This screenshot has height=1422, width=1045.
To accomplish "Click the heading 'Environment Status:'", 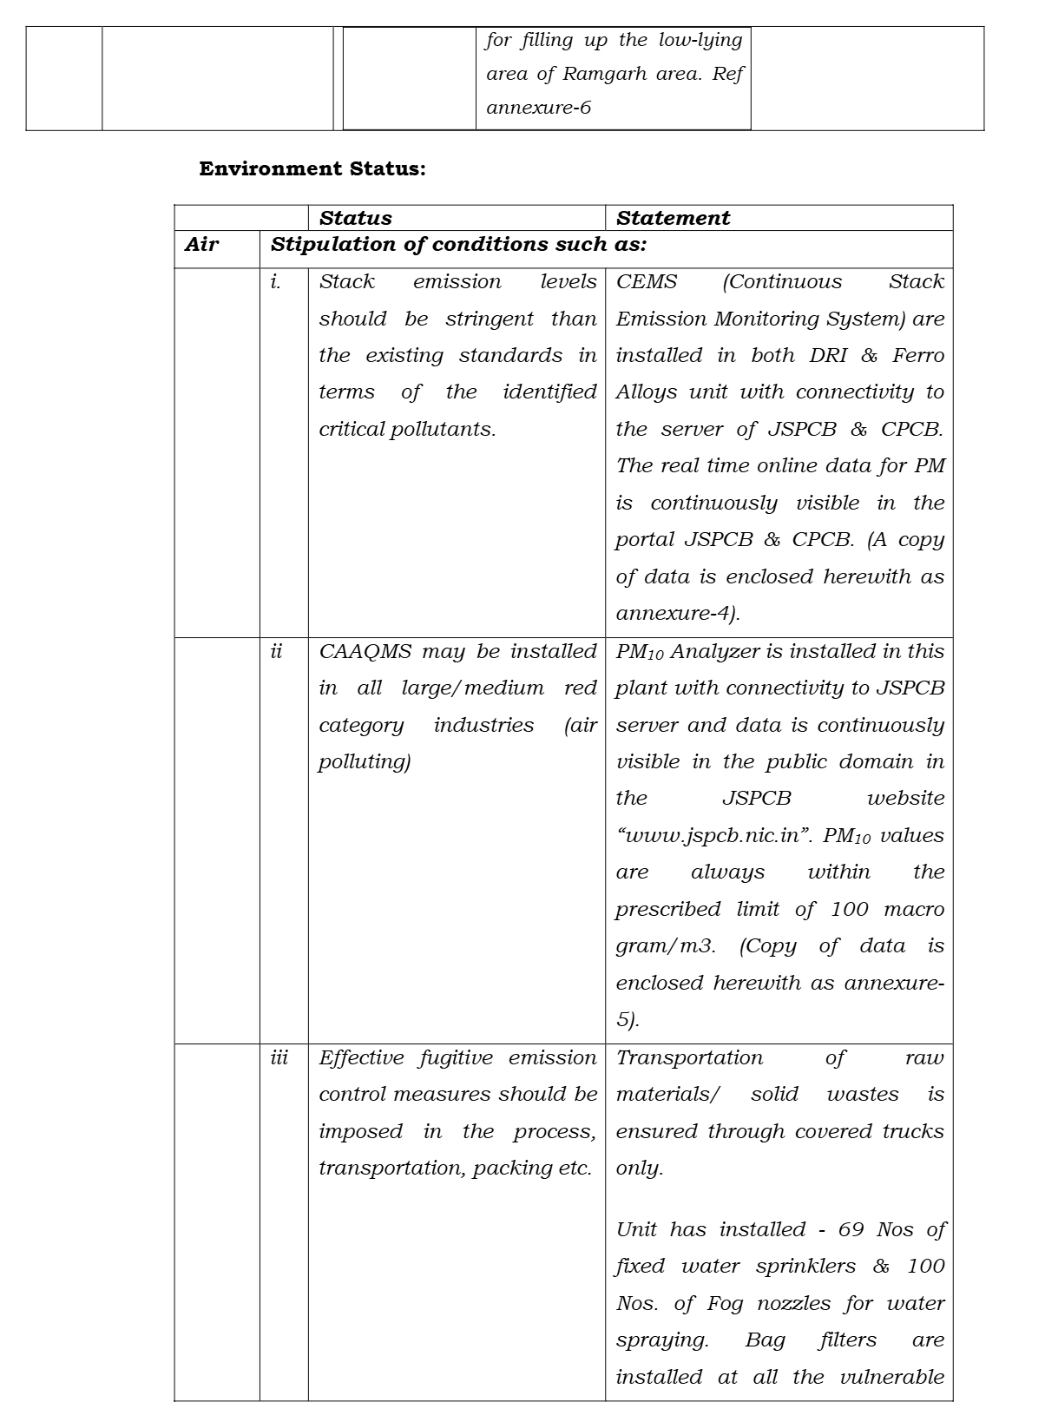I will (x=312, y=168).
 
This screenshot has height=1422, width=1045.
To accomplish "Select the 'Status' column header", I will (x=356, y=218).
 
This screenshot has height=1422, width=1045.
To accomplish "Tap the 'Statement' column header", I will (x=673, y=218).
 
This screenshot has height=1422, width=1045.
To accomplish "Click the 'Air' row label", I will (x=201, y=244).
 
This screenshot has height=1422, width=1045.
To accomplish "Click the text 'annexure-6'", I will (x=538, y=109).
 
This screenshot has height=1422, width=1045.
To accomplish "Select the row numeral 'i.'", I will (x=276, y=282).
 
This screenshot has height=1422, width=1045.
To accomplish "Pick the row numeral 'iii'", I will (x=279, y=1057).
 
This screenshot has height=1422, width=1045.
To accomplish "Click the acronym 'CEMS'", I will (x=647, y=282).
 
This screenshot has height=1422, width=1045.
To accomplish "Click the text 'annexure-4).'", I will (x=678, y=614).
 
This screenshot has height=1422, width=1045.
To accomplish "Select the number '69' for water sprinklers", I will (x=851, y=1229).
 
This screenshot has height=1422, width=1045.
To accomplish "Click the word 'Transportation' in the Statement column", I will (x=689, y=1057).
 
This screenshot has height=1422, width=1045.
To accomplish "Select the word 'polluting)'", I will (x=365, y=762).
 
